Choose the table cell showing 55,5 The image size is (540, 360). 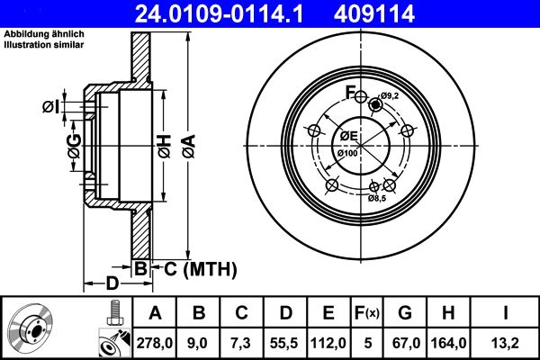point(285,341)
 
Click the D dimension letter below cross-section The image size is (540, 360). point(112,283)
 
